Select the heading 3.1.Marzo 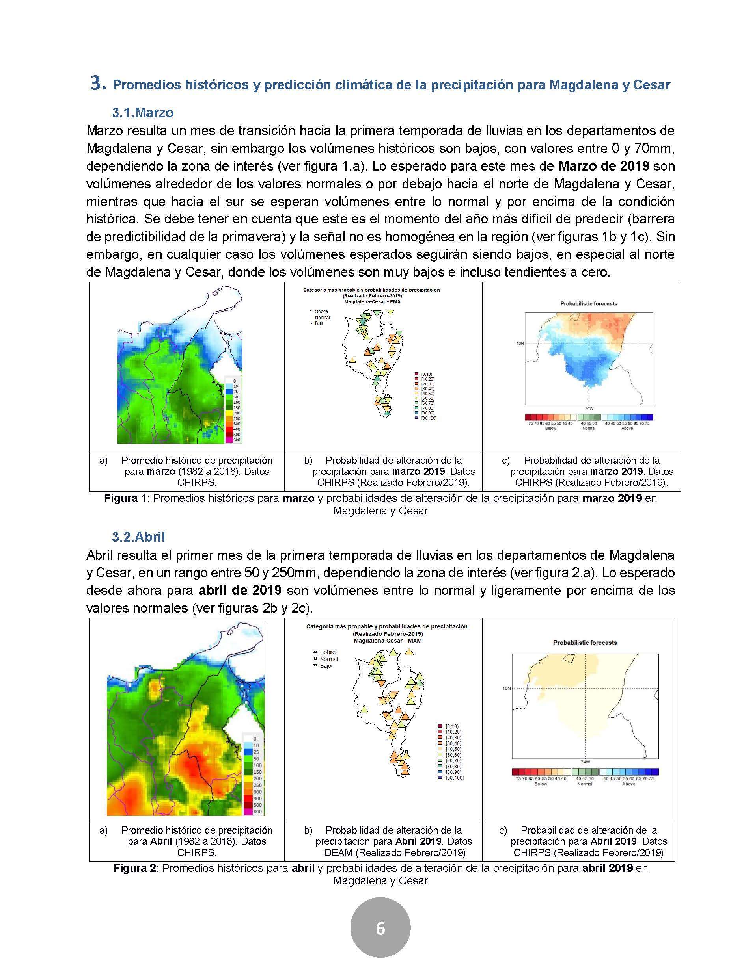(142, 113)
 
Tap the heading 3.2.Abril (138, 537)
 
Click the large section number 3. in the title (98, 83)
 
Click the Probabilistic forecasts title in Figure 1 (588, 303)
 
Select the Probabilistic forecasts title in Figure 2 (585, 643)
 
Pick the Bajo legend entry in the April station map (326, 666)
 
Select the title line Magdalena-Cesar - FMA (371, 302)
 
